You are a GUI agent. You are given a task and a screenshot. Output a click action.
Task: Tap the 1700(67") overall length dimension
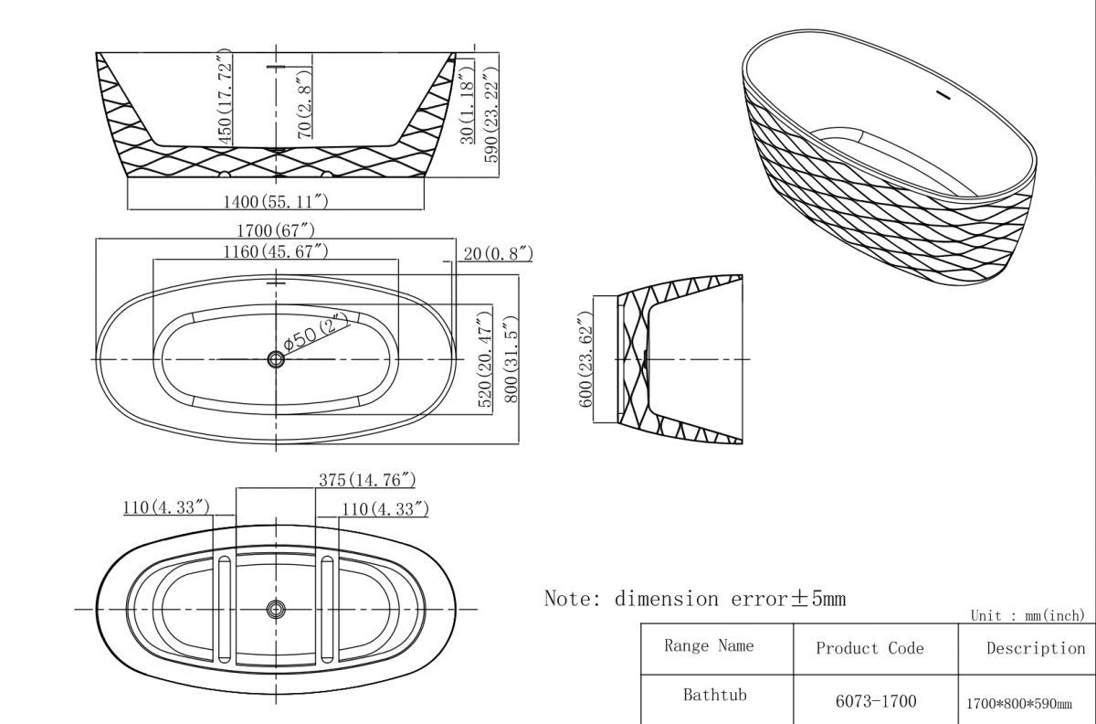(276, 230)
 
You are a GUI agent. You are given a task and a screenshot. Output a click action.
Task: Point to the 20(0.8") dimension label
(498, 253)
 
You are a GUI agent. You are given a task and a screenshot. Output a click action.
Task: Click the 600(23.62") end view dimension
(586, 359)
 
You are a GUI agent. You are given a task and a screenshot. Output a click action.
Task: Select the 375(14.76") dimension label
(367, 479)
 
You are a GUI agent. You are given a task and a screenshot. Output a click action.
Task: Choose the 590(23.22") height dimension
(491, 107)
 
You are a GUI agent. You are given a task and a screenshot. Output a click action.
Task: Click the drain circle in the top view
(276, 359)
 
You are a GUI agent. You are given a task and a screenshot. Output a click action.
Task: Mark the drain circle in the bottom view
(276, 609)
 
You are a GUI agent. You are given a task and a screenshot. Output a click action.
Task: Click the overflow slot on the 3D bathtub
(943, 94)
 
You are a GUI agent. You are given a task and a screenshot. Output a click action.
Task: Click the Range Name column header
(709, 646)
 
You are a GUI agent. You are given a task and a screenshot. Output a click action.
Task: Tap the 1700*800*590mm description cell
(1018, 704)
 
